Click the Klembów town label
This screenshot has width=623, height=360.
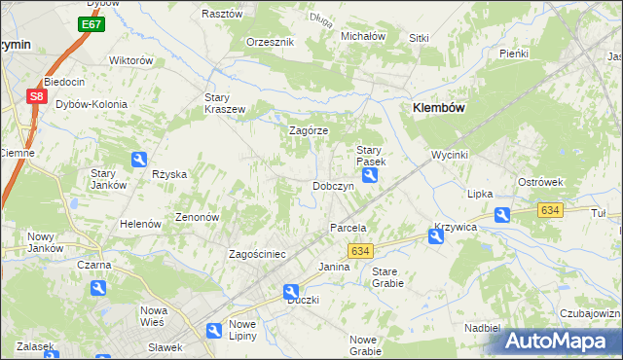[x=443, y=109]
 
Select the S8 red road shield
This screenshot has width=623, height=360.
[x=36, y=96]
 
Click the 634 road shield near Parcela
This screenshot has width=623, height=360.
[x=358, y=250]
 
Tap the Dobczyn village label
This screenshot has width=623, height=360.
[x=332, y=185]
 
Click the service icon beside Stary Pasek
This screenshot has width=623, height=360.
[x=371, y=175]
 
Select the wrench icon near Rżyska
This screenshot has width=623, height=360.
[x=140, y=160]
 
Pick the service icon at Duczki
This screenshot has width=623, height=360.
[x=291, y=291]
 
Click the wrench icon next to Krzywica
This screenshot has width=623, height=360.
[x=435, y=236]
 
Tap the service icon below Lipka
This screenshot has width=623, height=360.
[x=501, y=214]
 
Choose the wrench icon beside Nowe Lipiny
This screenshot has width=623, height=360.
[x=214, y=331]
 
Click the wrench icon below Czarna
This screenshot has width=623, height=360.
[x=97, y=288]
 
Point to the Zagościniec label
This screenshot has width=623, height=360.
[x=256, y=254]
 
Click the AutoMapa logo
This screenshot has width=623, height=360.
[x=562, y=341]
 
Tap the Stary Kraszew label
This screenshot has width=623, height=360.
[x=224, y=103]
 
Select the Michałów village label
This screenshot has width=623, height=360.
[x=363, y=36]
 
